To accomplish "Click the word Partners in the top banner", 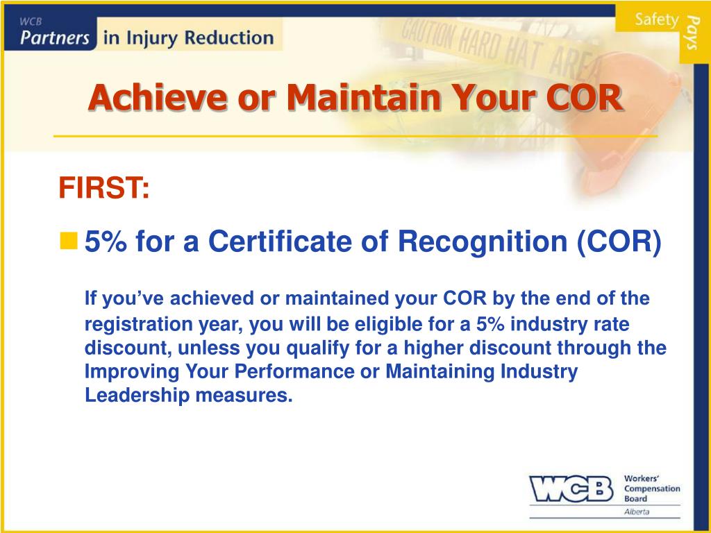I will coord(55,37).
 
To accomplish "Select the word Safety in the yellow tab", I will coord(655,19).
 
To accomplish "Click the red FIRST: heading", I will coord(103,187).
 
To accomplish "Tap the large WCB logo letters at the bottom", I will coord(571,489).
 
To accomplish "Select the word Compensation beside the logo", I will coord(652,489).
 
